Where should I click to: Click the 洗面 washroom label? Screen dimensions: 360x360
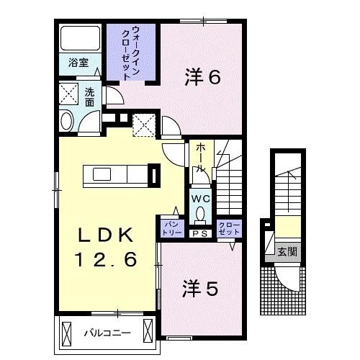89,98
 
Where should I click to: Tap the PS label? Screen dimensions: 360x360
199,233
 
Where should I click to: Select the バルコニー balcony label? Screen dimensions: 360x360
105,333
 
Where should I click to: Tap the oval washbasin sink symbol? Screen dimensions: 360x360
67,121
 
